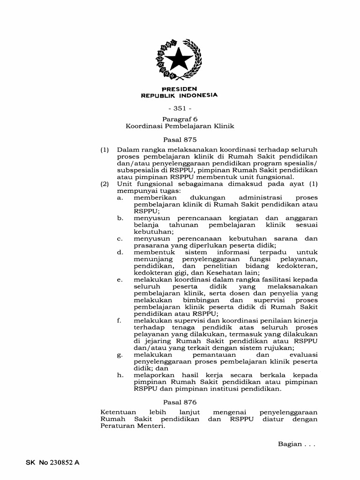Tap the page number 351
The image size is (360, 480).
(180, 108)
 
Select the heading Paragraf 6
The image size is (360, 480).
(180, 119)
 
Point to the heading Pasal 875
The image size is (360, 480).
(180, 139)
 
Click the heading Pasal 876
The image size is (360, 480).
(180, 402)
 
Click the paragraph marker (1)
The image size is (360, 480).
(105, 150)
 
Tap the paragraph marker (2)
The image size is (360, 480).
(105, 184)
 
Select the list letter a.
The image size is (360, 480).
(120, 197)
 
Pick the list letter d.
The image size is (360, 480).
(120, 252)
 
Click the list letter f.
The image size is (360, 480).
(120, 321)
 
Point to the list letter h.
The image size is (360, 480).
(120, 375)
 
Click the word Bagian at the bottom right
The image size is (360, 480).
(290, 444)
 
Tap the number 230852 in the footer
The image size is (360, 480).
(62, 462)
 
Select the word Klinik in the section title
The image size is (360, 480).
(224, 126)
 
